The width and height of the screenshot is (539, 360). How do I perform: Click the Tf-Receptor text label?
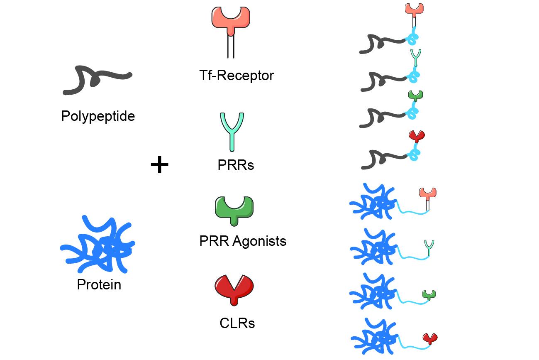click(237, 76)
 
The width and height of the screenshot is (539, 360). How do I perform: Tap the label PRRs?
click(236, 165)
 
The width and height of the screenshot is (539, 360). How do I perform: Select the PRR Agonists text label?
click(243, 241)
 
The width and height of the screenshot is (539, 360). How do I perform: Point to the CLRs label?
click(237, 323)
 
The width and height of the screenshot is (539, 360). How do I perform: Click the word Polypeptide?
click(98, 116)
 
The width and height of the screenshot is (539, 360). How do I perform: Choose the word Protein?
click(99, 284)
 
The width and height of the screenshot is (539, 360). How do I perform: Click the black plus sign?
click(159, 165)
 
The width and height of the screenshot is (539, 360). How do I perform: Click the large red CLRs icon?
click(234, 289)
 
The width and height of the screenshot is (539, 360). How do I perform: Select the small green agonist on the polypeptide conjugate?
click(415, 96)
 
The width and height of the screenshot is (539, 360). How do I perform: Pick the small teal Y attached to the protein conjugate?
click(429, 247)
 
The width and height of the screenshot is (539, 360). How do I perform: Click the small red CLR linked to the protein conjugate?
click(430, 338)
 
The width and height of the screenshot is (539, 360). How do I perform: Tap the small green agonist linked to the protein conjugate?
click(429, 294)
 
